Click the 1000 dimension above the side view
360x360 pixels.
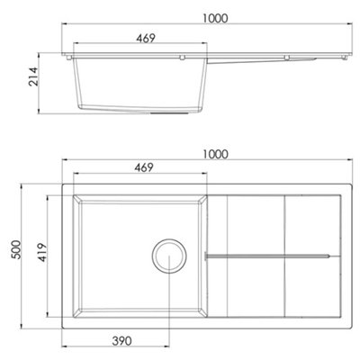coord(215,19)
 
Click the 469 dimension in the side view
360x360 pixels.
coord(146,39)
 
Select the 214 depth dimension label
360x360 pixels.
coord(33,76)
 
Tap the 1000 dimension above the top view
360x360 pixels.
coord(215,155)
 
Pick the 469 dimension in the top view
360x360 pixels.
coord(144,168)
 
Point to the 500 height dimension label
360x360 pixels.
coord(16,249)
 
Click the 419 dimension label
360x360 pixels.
coord(42,252)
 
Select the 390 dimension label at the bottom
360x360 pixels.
coord(121,341)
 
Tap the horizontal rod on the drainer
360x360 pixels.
coord(267,256)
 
